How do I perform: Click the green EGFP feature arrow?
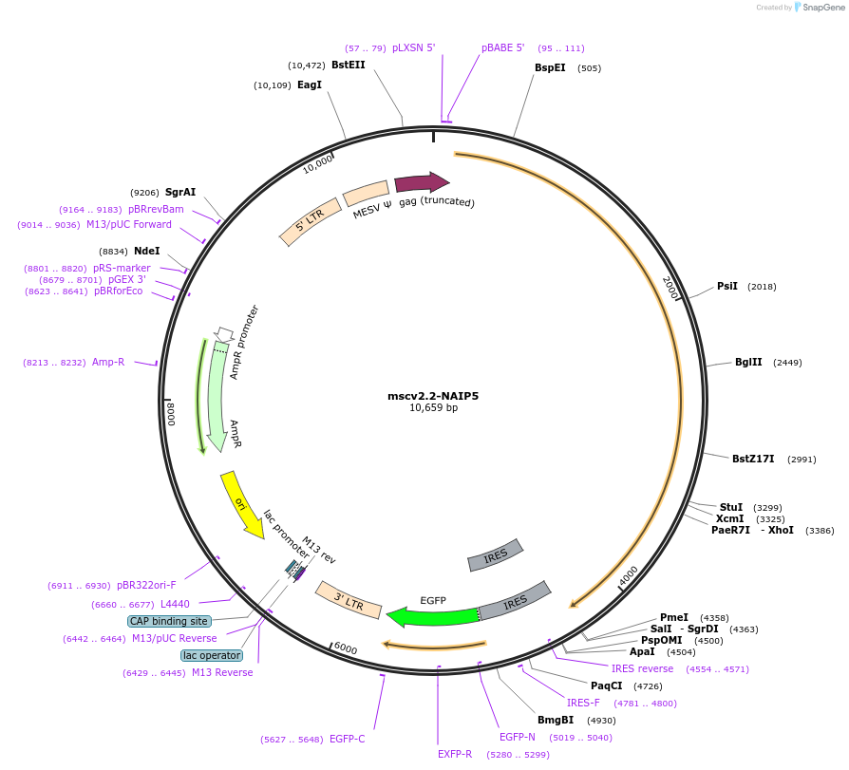click(x=432, y=616)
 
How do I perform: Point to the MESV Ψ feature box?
click(x=366, y=194)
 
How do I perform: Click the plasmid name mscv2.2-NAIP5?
click(x=433, y=395)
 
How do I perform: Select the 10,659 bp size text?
click(x=433, y=408)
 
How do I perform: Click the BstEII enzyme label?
click(x=348, y=65)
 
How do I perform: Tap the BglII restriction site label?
click(x=748, y=362)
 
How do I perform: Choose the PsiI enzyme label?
click(x=727, y=286)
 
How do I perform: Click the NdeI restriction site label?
click(x=147, y=251)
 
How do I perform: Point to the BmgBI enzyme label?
click(x=556, y=720)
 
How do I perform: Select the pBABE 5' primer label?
click(x=502, y=47)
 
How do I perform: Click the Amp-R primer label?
click(x=108, y=362)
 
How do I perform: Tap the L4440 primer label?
click(x=175, y=604)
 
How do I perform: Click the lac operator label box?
click(x=212, y=655)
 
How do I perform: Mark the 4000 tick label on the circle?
click(x=630, y=575)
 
